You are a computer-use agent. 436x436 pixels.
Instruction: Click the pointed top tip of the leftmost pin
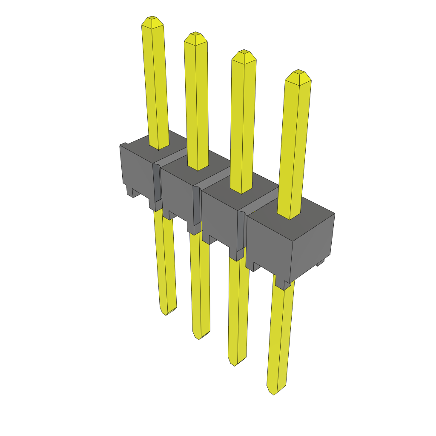(152, 18)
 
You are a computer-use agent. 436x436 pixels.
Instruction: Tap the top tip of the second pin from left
(195, 34)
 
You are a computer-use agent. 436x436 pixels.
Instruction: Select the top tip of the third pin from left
(244, 52)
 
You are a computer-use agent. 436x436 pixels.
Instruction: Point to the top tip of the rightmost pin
(298, 72)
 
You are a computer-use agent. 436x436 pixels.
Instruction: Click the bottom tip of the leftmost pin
(166, 313)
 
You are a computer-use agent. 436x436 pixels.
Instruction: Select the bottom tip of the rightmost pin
(273, 393)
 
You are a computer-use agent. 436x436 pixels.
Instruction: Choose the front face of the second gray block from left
(177, 194)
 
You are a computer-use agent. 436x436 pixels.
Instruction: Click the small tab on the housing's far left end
(123, 144)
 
